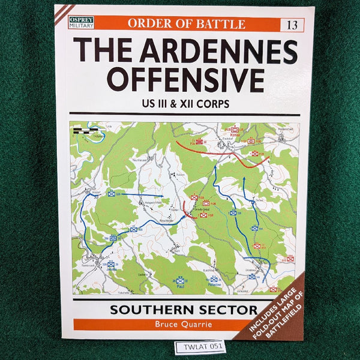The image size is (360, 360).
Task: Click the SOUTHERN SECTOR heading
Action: pos(184,311)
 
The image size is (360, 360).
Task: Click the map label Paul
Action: pos(179,286)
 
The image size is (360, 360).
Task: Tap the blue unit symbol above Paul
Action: pos(179,280)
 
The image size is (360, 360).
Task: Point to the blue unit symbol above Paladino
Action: pos(214,278)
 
